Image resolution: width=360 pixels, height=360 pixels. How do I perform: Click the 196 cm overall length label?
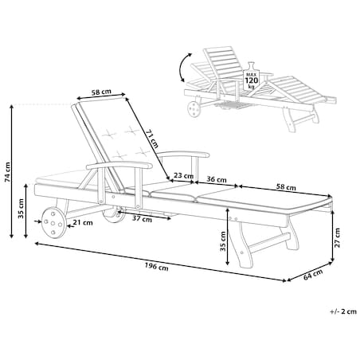click(x=156, y=267)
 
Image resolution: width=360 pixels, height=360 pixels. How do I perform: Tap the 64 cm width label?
click(x=313, y=274)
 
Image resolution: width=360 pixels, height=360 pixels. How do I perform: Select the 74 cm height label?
click(x=7, y=172)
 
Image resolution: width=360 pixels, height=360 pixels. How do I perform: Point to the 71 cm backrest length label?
click(x=152, y=139)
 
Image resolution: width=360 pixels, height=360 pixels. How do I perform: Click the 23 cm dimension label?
click(x=183, y=175)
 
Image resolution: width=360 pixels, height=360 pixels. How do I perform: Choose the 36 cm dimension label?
click(x=217, y=179)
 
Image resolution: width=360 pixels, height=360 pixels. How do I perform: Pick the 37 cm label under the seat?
click(x=142, y=219)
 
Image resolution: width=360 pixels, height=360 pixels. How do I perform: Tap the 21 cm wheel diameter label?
click(x=83, y=222)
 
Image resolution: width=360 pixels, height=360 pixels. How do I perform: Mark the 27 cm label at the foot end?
click(x=337, y=237)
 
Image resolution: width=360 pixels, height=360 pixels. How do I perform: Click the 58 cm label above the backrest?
click(x=101, y=92)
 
